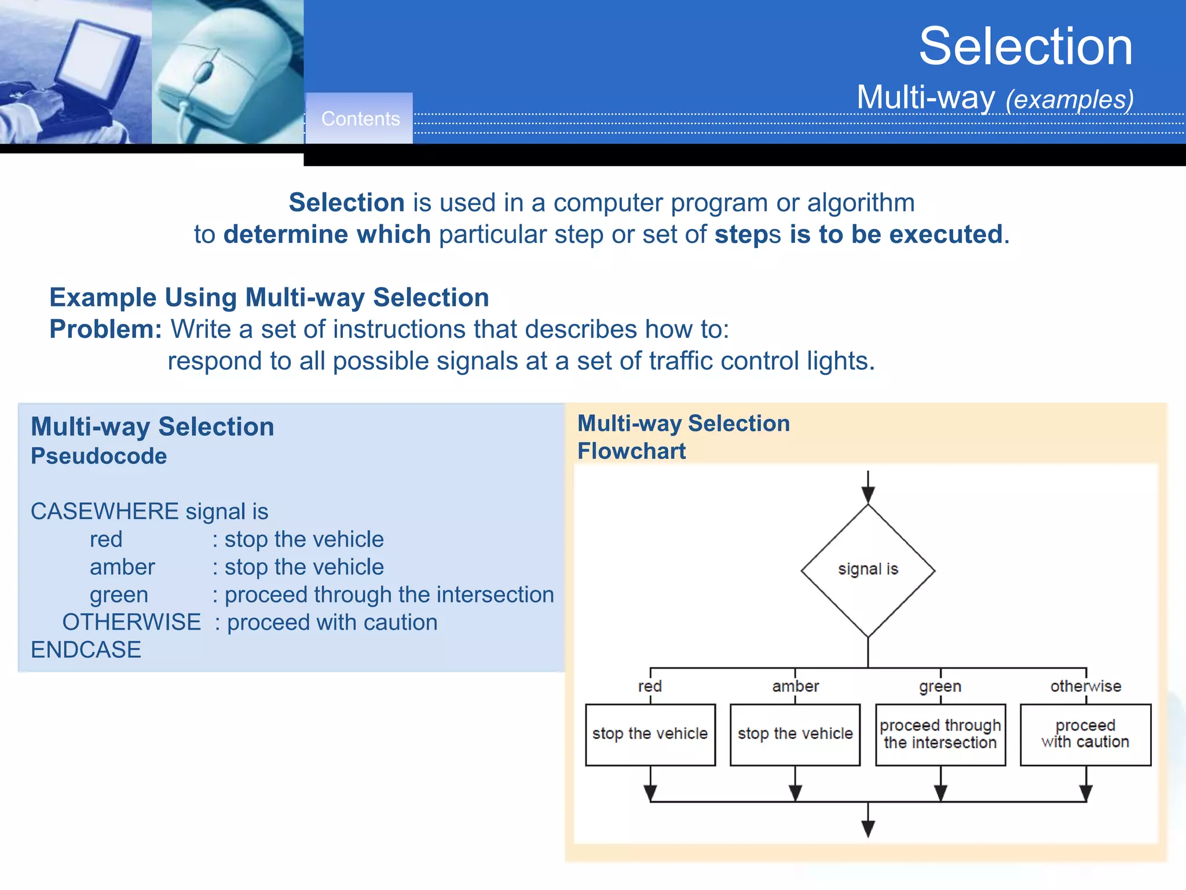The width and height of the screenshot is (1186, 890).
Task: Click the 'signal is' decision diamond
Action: [x=867, y=570]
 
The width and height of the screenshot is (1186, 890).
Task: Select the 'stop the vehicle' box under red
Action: [x=650, y=734]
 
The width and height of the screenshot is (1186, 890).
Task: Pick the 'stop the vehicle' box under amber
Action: [x=795, y=734]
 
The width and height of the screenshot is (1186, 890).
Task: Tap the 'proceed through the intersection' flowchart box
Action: [x=940, y=734]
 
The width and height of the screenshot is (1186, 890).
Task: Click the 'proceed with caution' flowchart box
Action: [x=1085, y=734]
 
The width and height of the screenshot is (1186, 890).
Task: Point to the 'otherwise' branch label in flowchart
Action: [x=1086, y=686]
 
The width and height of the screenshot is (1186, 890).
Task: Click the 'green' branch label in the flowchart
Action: [x=940, y=687]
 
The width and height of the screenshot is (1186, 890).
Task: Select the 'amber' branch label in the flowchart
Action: [x=795, y=686]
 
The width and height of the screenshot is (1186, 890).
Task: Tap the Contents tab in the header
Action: [x=360, y=119]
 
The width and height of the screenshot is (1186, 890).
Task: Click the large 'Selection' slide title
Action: [x=1026, y=46]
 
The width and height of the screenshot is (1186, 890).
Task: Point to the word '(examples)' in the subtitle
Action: [x=1070, y=99]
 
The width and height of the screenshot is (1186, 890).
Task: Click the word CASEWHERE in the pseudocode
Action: [x=104, y=511]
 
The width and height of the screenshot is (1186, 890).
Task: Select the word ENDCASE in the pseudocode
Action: [x=86, y=650]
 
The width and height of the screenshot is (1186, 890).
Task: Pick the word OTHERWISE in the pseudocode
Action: [x=131, y=622]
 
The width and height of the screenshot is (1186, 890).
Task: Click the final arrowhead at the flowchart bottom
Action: [x=867, y=829]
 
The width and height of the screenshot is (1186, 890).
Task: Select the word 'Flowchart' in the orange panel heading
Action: [x=631, y=451]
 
